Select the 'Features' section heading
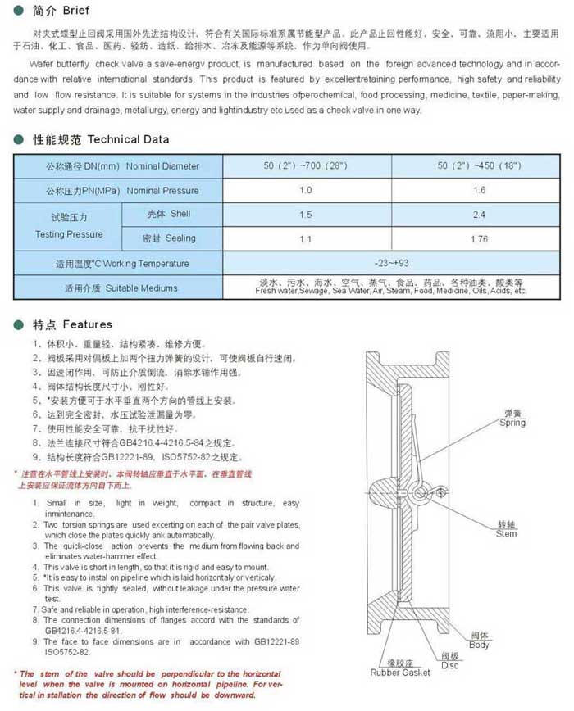coord(86,324)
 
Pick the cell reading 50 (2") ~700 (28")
coord(306,166)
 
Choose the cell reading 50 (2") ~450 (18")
coord(481,166)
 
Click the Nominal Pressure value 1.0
coord(306,191)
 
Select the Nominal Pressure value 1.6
coord(481,191)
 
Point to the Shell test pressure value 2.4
coord(481,215)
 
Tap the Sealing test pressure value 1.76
coord(481,239)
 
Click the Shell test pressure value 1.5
coord(306,215)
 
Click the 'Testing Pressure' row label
coord(69,227)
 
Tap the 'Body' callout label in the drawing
coord(479,645)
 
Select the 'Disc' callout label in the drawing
coord(449,664)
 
